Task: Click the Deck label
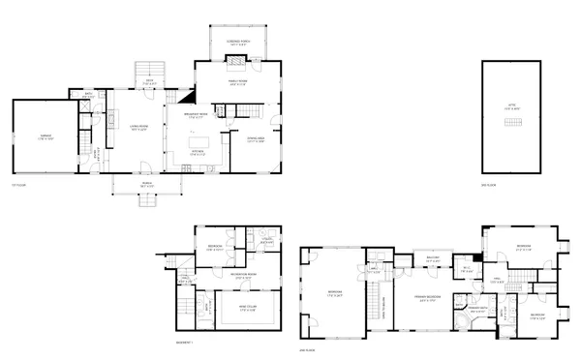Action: [x=149, y=83]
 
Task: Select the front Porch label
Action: [x=148, y=184]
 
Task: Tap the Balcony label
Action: [x=433, y=258]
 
